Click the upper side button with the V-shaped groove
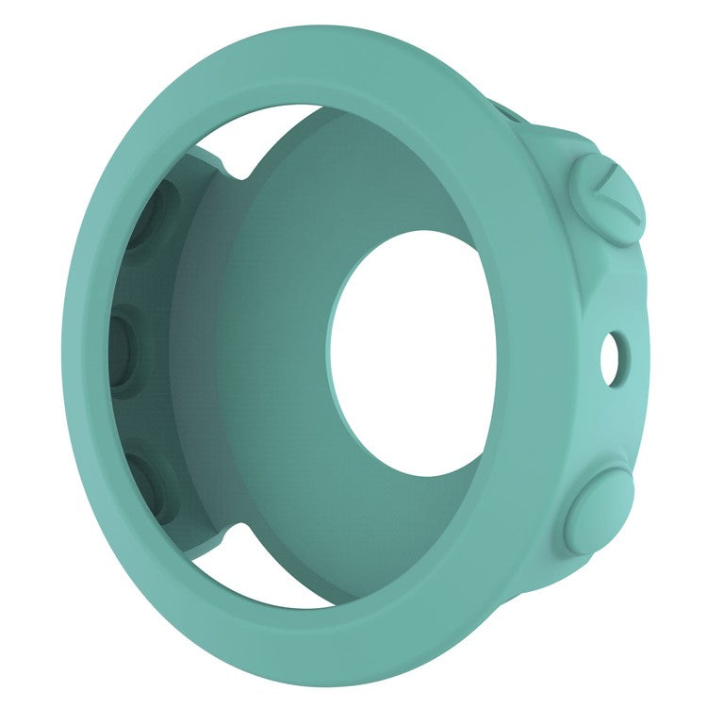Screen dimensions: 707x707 pyautogui.click(x=606, y=199)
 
